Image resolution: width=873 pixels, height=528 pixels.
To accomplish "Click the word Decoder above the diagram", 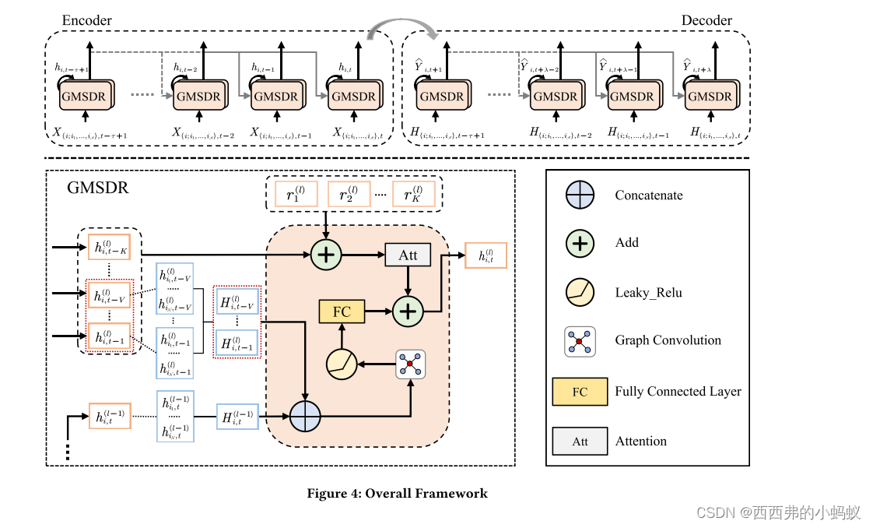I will (706, 20).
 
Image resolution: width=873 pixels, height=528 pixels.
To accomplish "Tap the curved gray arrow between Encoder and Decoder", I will (401, 28).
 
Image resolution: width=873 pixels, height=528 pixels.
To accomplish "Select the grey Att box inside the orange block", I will (408, 255).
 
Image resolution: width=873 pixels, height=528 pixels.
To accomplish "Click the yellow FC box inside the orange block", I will (342, 312).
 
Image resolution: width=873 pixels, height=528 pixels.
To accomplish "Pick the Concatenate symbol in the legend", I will (580, 195).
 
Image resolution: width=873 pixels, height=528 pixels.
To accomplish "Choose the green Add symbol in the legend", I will (580, 243).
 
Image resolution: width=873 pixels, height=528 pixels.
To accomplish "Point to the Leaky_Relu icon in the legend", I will (580, 292).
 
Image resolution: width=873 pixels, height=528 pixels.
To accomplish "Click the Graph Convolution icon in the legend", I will (580, 341).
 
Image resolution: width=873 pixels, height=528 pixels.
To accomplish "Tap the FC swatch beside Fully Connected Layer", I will (580, 392).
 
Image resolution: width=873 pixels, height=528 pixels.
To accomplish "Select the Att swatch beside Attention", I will (580, 441).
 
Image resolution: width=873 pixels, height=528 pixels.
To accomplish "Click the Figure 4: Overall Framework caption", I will (397, 493).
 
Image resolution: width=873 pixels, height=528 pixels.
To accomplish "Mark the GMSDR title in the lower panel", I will (98, 188).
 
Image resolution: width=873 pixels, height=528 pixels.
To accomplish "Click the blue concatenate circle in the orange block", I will (305, 417).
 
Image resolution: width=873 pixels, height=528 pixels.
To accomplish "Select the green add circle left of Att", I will (326, 255).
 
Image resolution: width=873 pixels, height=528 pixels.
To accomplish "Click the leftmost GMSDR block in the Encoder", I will (86, 97).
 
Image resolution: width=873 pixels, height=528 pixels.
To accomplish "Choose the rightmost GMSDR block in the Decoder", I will (710, 97).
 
